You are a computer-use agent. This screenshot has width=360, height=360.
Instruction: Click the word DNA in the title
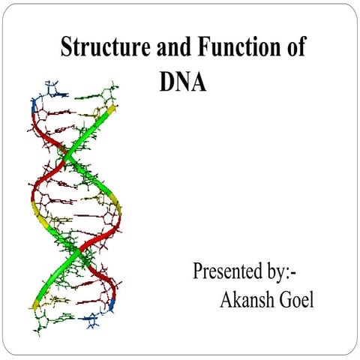pos(182,80)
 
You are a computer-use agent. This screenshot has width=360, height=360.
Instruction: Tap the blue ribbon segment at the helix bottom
pos(112,305)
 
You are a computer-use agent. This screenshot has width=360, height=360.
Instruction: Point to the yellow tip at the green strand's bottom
pos(34,304)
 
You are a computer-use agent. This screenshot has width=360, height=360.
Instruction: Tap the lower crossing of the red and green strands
pos(77,258)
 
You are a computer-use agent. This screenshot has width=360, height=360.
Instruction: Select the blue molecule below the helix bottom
pos(94,322)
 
